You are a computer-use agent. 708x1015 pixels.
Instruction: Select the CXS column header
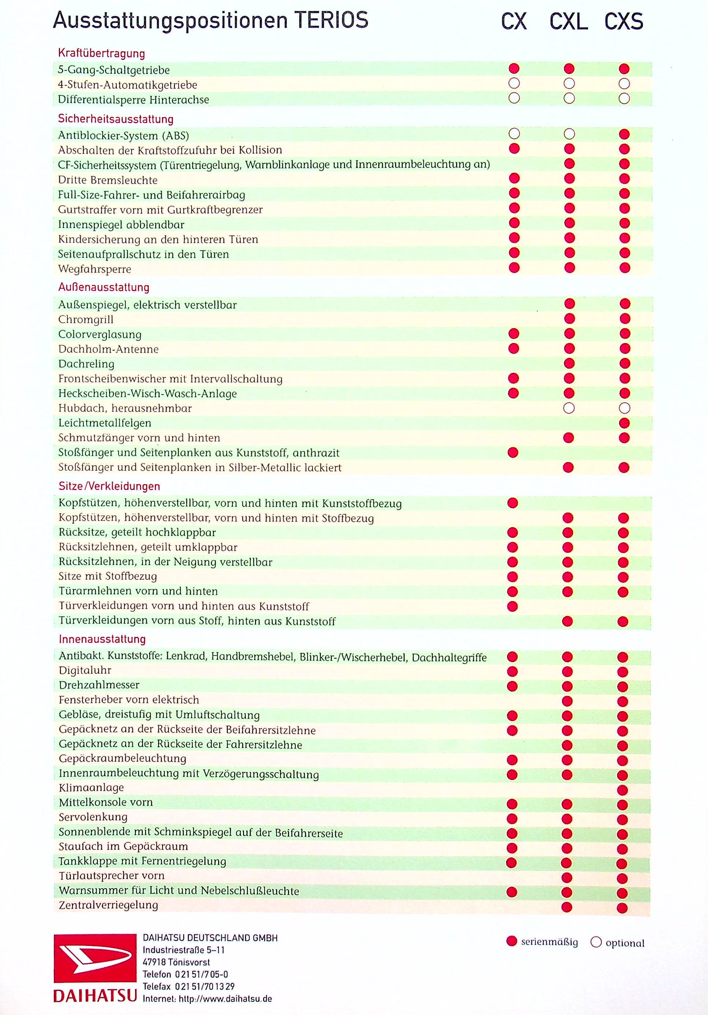click(x=623, y=22)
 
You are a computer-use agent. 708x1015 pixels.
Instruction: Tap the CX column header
click(x=514, y=22)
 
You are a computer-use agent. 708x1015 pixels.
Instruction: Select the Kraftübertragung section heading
click(x=101, y=53)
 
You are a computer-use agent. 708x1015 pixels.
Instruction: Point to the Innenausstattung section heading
click(x=102, y=639)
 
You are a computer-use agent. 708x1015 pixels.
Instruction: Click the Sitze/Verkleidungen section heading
click(x=109, y=486)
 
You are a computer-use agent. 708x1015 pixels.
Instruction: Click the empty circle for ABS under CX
click(x=514, y=134)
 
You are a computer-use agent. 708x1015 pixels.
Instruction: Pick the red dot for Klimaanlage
click(x=623, y=790)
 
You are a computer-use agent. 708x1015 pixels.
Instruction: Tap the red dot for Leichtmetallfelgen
click(x=624, y=423)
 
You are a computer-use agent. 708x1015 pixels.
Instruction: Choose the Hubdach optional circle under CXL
click(x=569, y=408)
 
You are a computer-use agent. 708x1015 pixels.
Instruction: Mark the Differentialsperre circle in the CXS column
click(x=624, y=98)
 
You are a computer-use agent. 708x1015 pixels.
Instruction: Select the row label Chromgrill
click(x=86, y=320)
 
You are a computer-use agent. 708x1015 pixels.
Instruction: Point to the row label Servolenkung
click(x=93, y=817)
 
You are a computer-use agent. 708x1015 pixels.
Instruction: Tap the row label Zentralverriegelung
click(x=108, y=905)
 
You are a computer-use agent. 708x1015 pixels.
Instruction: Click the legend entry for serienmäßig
click(x=542, y=942)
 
